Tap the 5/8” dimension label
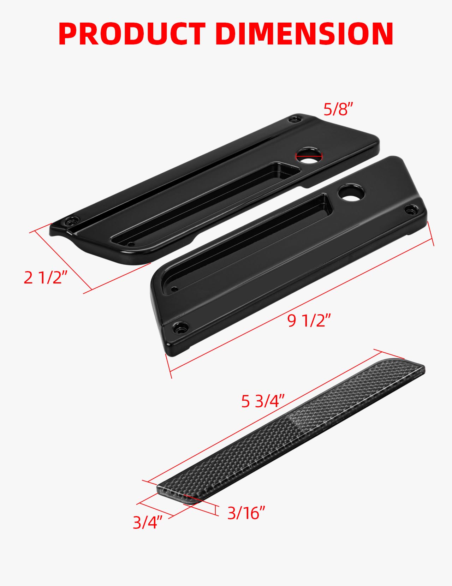coord(338,110)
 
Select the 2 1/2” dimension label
coord(45,277)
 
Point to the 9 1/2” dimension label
coord(309,321)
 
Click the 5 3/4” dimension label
coord(263,401)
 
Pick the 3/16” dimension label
coord(246,513)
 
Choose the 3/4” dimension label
coord(147,522)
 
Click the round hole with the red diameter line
coord(309,156)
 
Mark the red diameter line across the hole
coord(309,155)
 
